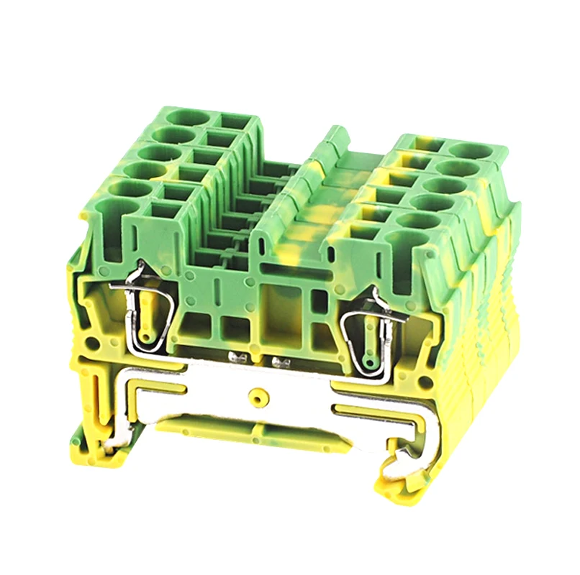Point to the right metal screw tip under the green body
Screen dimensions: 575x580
[x=275, y=357]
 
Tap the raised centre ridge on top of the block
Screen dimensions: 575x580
[x=302, y=187]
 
